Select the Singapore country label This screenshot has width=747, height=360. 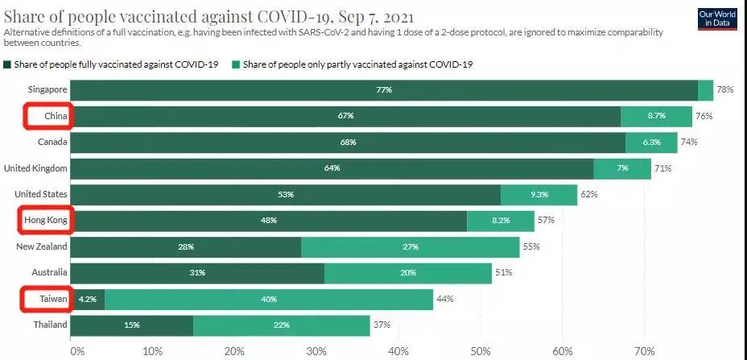click(46, 90)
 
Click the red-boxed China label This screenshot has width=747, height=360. click(54, 116)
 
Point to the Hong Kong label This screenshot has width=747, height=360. click(45, 220)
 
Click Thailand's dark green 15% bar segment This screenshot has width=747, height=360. click(133, 325)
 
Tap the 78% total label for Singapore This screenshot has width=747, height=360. click(725, 90)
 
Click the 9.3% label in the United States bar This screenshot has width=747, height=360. click(539, 194)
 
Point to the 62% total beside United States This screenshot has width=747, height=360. click(589, 194)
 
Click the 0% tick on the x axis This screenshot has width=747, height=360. click(77, 351)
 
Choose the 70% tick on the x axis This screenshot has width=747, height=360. click(643, 351)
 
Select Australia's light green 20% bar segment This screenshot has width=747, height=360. click(408, 273)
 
